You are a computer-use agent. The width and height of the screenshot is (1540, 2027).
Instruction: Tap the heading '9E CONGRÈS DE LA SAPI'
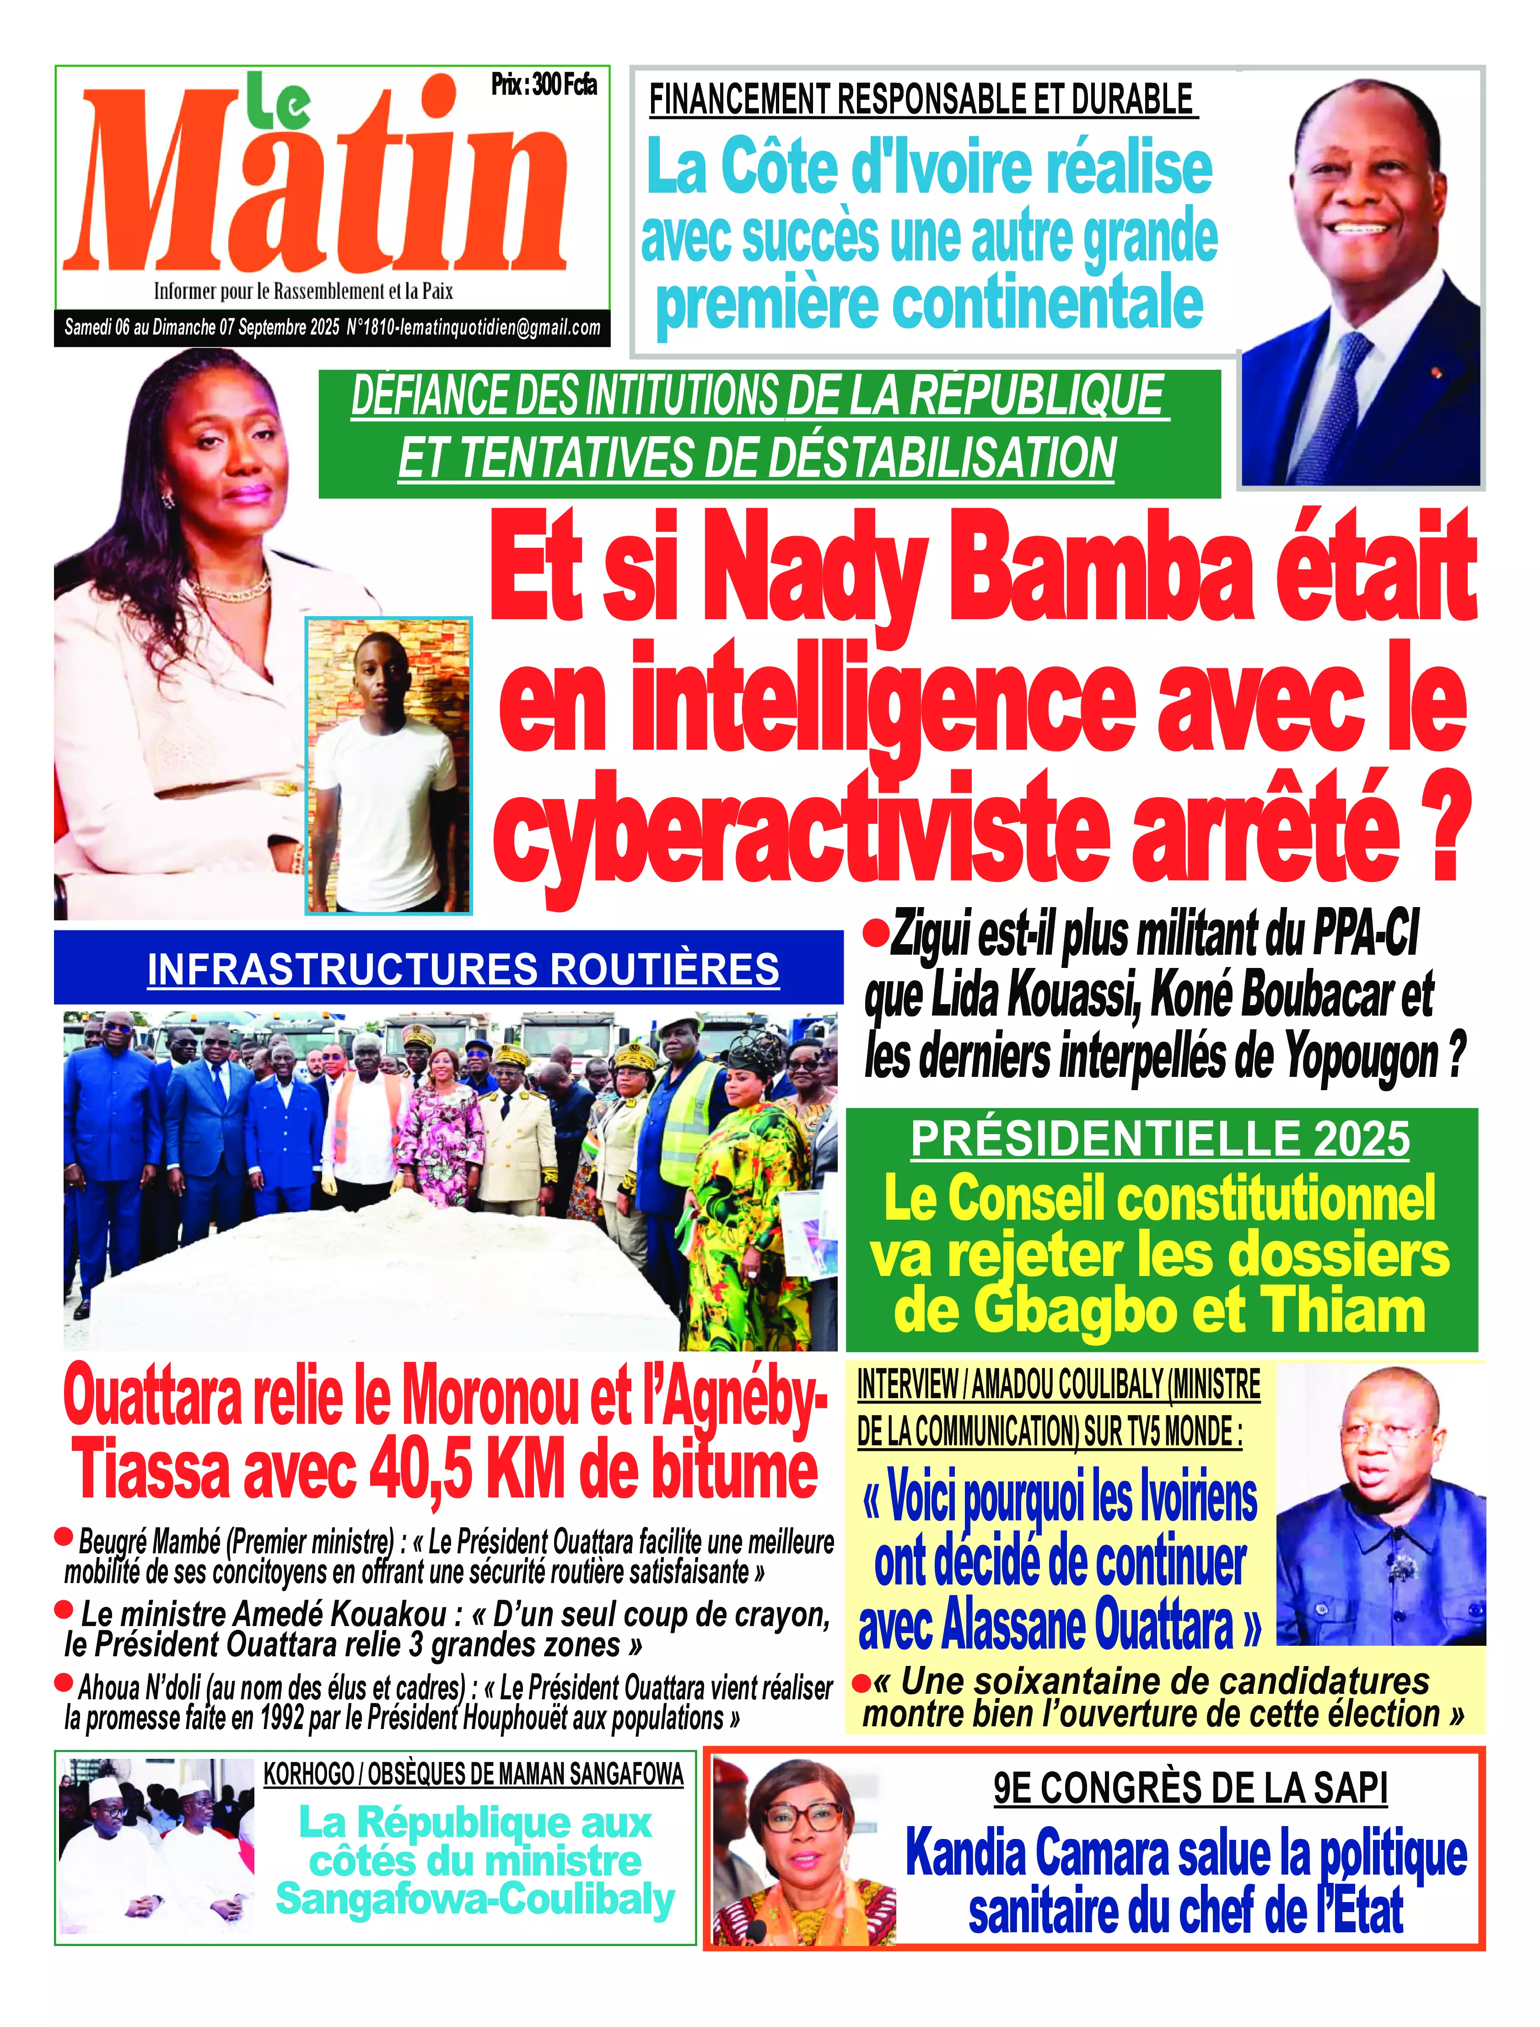(x=1190, y=1789)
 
